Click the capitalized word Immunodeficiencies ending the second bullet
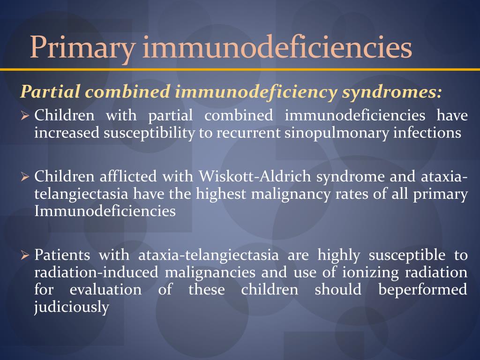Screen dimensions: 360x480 [x=105, y=211]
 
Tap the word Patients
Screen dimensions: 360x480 [x=63, y=255]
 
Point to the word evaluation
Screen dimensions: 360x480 [x=105, y=289]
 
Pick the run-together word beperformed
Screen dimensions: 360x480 [x=422, y=289]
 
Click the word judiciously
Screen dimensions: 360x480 [x=72, y=307]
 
